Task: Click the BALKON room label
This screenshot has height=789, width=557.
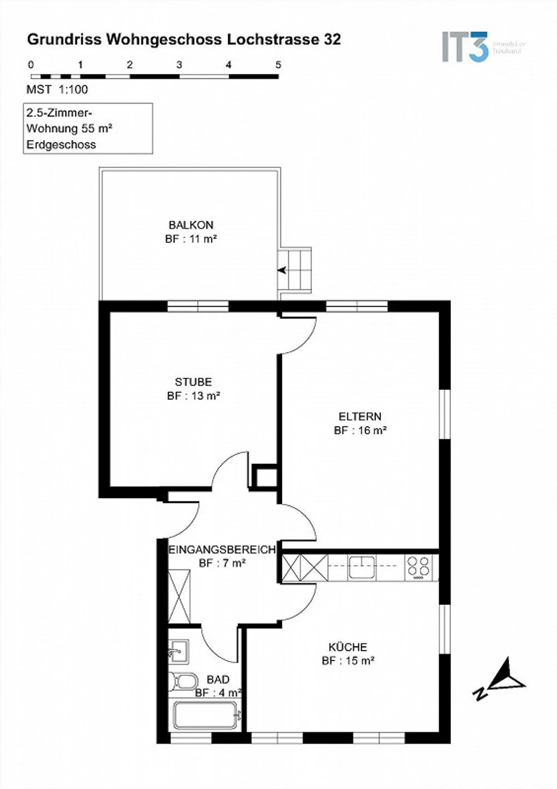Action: click(191, 225)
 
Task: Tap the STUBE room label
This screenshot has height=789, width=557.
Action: click(193, 382)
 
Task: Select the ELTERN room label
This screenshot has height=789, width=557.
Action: click(360, 416)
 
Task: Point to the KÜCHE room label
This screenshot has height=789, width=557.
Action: click(348, 647)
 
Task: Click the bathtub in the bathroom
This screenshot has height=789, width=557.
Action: click(205, 715)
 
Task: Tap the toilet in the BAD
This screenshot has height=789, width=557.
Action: click(183, 681)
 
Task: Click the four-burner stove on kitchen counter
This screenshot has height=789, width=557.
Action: click(419, 567)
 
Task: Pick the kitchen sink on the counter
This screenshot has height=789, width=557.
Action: click(362, 567)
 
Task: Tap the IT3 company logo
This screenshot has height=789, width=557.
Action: click(466, 47)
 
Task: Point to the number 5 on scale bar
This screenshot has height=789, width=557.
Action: click(278, 65)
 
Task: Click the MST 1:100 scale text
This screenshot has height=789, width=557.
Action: click(57, 89)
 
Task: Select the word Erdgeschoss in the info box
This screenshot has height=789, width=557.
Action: click(61, 145)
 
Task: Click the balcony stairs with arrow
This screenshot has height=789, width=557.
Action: click(295, 270)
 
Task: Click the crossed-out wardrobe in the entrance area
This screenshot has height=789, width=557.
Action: click(179, 596)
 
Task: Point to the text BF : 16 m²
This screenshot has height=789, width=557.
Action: click(361, 430)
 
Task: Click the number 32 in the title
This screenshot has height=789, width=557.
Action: click(332, 39)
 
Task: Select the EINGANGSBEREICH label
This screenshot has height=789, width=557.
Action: click(222, 549)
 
